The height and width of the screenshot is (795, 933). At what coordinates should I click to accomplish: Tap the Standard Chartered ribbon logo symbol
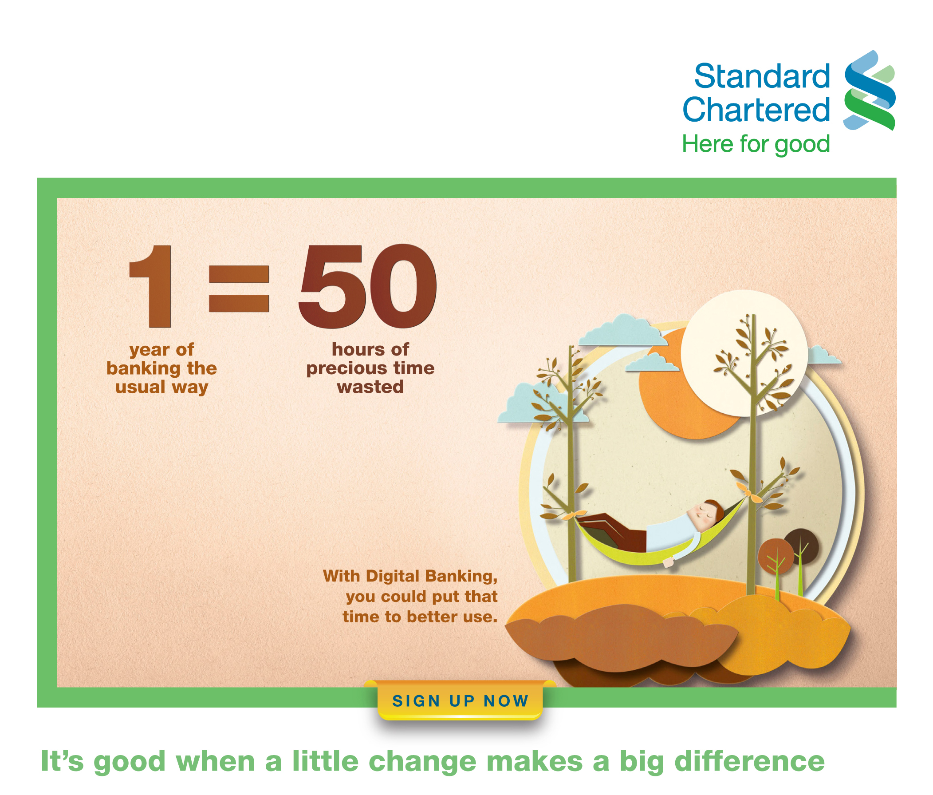(x=870, y=90)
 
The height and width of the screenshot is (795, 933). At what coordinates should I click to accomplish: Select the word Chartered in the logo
(x=756, y=110)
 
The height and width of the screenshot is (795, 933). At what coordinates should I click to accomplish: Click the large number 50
(x=367, y=286)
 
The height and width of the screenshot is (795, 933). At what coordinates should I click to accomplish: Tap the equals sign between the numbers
(x=239, y=289)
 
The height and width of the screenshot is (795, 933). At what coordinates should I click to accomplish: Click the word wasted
(x=370, y=387)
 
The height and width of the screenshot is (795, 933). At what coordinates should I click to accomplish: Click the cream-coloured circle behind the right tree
(x=744, y=353)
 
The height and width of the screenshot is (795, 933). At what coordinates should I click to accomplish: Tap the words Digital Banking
(x=431, y=576)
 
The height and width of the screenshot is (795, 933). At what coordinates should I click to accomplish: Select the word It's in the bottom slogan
(x=62, y=762)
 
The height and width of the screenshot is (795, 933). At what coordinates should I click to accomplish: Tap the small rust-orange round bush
(x=776, y=557)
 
